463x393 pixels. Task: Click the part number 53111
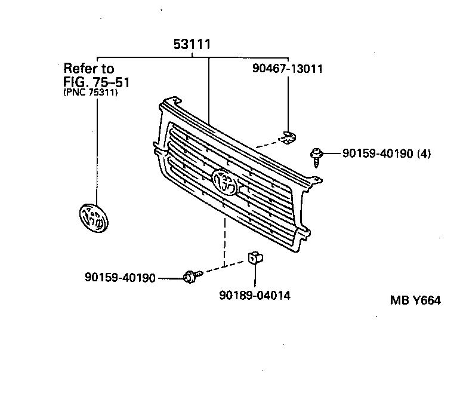point(193,45)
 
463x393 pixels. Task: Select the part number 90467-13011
point(287,69)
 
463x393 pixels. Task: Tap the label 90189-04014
point(255,295)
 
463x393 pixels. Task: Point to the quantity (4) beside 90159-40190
point(424,153)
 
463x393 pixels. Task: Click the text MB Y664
point(416,300)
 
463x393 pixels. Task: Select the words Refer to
point(88,68)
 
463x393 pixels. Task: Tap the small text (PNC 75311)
point(90,93)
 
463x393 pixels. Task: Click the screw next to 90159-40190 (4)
point(316,156)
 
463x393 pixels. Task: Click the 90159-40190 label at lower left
point(120,278)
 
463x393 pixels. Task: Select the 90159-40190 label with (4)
point(377,153)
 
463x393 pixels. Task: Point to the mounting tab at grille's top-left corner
point(169,101)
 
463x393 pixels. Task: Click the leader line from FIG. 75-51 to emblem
point(94,149)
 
